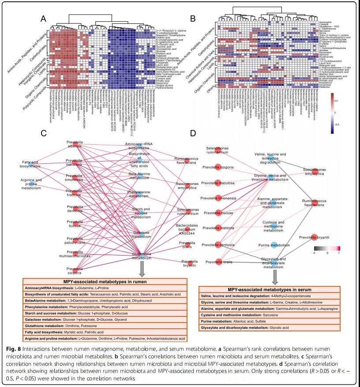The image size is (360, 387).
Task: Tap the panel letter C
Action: pyautogui.click(x=43, y=134)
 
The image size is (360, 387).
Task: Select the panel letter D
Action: pyautogui.click(x=192, y=134)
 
